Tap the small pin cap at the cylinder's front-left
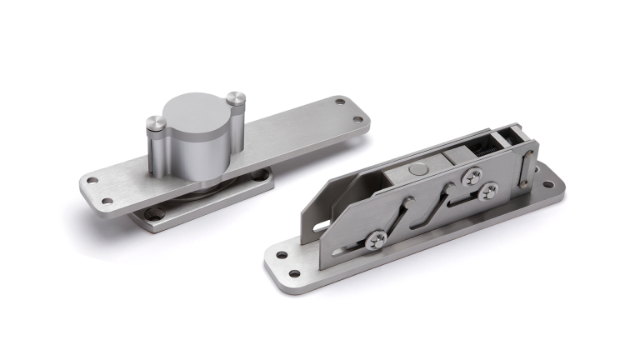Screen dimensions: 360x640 (157, 124)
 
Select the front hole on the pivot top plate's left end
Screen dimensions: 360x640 (107, 201)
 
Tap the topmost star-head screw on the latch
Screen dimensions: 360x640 (472, 175)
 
